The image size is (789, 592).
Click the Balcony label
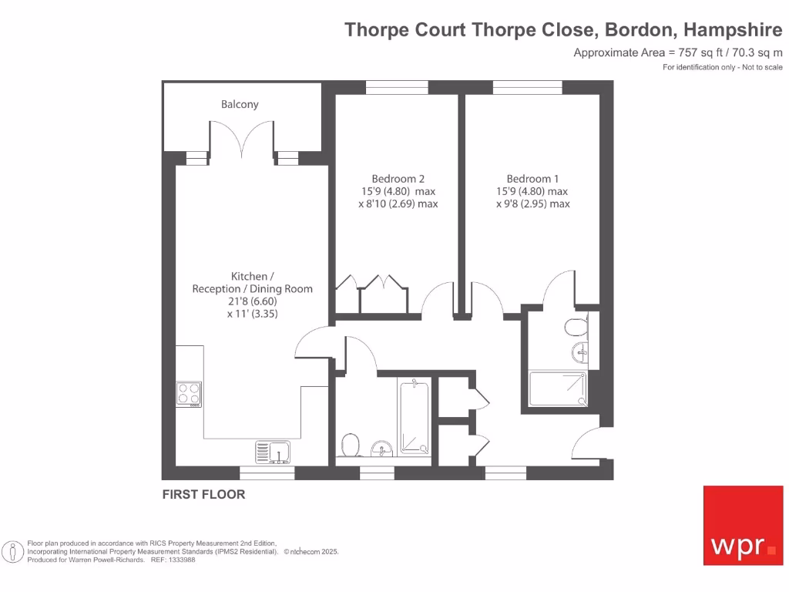click(240, 104)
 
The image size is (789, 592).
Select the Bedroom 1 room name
click(532, 178)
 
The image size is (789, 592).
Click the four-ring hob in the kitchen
click(189, 394)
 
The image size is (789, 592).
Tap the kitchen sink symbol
click(273, 451)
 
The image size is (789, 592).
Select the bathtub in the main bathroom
click(414, 416)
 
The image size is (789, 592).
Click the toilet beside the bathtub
click(351, 445)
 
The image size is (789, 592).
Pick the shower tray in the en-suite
click(558, 388)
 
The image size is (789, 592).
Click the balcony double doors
click(242, 140)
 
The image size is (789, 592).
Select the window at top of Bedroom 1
click(527, 87)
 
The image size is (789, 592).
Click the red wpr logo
click(743, 525)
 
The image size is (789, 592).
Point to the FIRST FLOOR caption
click(203, 495)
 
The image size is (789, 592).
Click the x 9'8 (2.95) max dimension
click(532, 204)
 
